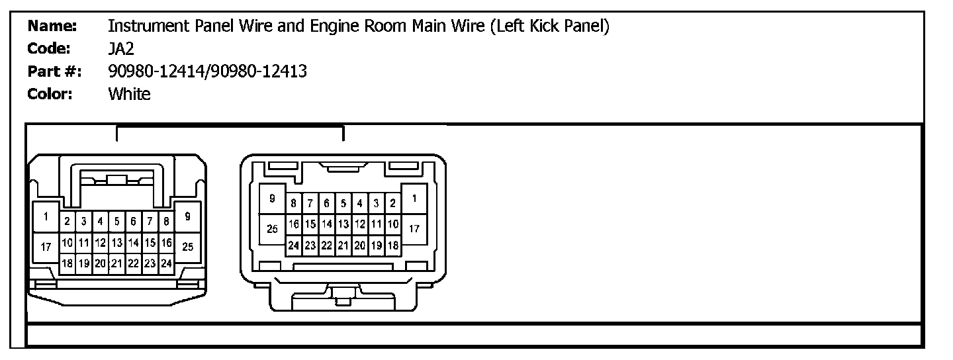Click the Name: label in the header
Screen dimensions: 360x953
click(52, 26)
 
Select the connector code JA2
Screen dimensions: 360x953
click(121, 49)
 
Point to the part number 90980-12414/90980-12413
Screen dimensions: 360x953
click(207, 71)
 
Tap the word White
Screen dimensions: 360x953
click(129, 94)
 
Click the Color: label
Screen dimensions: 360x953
click(50, 94)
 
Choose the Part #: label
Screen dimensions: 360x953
click(54, 71)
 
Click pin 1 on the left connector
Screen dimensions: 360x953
click(46, 216)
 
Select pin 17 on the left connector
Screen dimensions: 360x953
click(46, 247)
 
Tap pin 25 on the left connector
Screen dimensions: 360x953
click(187, 247)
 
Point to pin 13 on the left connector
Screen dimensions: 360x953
click(116, 243)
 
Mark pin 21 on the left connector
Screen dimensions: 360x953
click(116, 263)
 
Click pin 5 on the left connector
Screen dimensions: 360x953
click(116, 221)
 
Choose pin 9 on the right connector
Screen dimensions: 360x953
click(271, 199)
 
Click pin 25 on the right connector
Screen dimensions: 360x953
click(271, 230)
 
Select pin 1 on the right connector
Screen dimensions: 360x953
click(414, 199)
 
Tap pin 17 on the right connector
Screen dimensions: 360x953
click(414, 230)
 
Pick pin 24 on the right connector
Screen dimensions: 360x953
click(293, 245)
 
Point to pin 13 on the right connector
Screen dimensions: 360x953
click(343, 224)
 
